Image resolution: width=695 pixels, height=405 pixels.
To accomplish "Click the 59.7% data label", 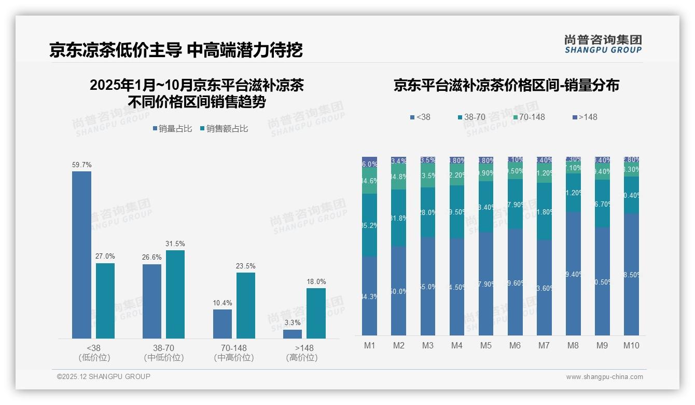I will coord(81,165).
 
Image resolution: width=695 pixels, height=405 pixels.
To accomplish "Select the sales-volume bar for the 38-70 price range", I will coord(151,301).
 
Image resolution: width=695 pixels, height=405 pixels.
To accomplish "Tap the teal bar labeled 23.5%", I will coord(245,305).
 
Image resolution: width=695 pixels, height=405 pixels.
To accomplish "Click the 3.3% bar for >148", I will coord(293,334).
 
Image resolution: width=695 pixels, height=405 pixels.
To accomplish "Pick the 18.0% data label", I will coord(316,282).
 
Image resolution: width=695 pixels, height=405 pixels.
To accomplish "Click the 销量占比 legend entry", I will coord(173,128).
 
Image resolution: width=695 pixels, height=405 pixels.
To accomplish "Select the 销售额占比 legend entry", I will coord(224,128).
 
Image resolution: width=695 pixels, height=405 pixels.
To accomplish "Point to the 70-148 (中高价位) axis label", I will coord(233,353).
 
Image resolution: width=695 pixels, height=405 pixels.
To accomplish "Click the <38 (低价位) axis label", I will coord(94,353).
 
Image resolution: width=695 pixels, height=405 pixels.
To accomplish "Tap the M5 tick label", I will coord(485,345).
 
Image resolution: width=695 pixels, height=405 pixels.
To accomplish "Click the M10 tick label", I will coord(631,345).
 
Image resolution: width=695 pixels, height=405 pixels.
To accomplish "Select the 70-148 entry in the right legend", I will coord(529,117).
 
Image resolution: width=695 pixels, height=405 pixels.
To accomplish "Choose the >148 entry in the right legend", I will coord(585,117).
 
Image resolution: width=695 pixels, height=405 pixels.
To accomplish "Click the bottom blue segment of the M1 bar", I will coord(369,296).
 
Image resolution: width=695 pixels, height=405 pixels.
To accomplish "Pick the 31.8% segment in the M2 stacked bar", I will coord(398,218).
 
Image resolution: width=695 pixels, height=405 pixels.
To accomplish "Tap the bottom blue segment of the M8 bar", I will coord(573,274).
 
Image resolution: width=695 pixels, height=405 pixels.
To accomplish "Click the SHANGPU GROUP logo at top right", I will coord(603,44).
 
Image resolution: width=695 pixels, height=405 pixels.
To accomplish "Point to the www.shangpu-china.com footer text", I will coord(604,377).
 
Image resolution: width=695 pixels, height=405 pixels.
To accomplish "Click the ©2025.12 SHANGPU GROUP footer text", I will coord(104,376).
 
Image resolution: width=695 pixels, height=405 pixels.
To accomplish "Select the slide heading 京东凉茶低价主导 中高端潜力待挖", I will coord(176,50).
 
